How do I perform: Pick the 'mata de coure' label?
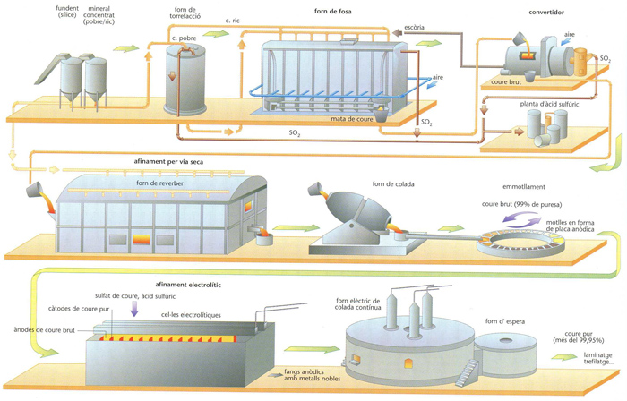pyautogui.click(x=352, y=117)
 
